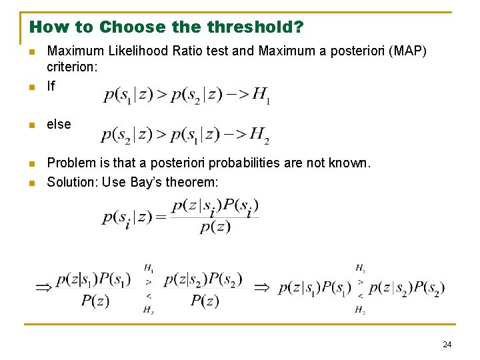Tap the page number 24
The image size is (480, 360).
pos(447,344)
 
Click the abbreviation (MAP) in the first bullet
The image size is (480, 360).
pos(410,51)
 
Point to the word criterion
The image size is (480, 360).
pos(71,67)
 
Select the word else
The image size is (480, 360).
pos(59,124)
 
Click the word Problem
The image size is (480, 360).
pos(71,163)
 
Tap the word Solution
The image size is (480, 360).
pos(71,182)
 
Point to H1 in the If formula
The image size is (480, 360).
pos(260,97)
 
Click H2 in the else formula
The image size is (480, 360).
pos(259,136)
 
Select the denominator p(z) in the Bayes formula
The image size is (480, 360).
pos(215,227)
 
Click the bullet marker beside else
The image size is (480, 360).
pos(31,125)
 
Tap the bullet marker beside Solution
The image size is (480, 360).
pos(31,183)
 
